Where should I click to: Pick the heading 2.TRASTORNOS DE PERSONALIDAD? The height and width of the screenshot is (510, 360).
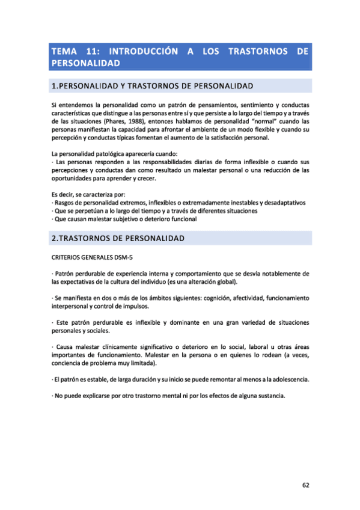[118, 239]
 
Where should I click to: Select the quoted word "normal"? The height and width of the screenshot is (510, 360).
[258, 121]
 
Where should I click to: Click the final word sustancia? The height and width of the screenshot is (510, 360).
[269, 396]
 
